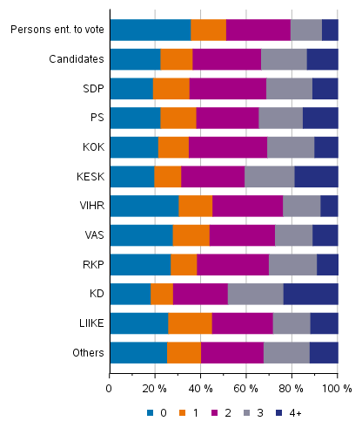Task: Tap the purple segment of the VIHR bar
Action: [247, 206]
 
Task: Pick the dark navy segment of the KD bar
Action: [310, 294]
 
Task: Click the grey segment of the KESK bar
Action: [269, 177]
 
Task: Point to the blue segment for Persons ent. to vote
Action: [150, 30]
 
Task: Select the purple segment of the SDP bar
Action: [227, 89]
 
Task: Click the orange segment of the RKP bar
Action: [184, 265]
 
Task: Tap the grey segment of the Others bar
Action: [285, 353]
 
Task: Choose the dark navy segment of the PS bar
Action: [319, 118]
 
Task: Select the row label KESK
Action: [90, 177]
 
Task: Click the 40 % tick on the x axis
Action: [200, 387]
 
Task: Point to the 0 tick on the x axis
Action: [110, 387]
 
